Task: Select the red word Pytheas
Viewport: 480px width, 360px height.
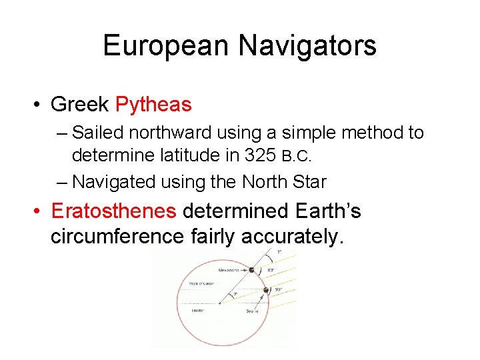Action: click(153, 105)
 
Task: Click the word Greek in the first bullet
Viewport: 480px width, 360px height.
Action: click(80, 105)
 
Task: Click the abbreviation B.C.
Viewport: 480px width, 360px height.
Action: click(296, 157)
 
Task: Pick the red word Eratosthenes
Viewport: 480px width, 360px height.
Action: click(113, 211)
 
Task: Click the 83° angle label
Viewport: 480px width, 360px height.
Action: click(271, 269)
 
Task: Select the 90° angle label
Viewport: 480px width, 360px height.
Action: click(278, 289)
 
